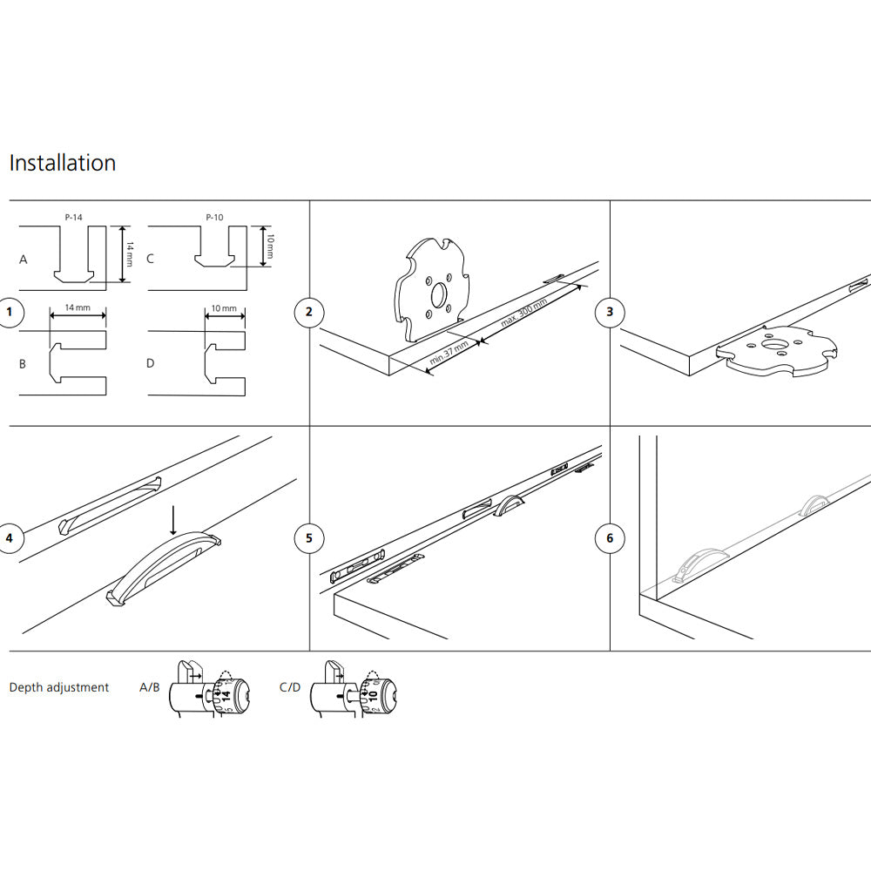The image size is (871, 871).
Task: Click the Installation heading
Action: point(62,163)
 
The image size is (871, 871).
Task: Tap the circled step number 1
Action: point(10,312)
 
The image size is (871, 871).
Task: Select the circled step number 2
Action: point(309,312)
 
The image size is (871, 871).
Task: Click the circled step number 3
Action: point(610,312)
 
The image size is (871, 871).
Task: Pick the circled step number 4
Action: point(10,537)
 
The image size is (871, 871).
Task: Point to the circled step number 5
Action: point(309,537)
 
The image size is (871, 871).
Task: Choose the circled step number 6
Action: point(610,537)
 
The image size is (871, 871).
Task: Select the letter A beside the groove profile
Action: point(23,260)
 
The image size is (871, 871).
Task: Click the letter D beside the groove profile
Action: point(150,362)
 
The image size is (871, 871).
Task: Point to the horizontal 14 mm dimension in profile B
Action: point(78,308)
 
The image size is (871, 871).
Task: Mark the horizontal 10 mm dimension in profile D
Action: point(224,308)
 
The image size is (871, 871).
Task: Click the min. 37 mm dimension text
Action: point(450,354)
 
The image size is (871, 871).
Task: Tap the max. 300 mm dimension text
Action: point(523,313)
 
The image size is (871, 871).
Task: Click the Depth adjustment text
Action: point(59,687)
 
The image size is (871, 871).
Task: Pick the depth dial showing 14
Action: point(225,694)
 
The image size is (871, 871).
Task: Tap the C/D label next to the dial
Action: point(290,687)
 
